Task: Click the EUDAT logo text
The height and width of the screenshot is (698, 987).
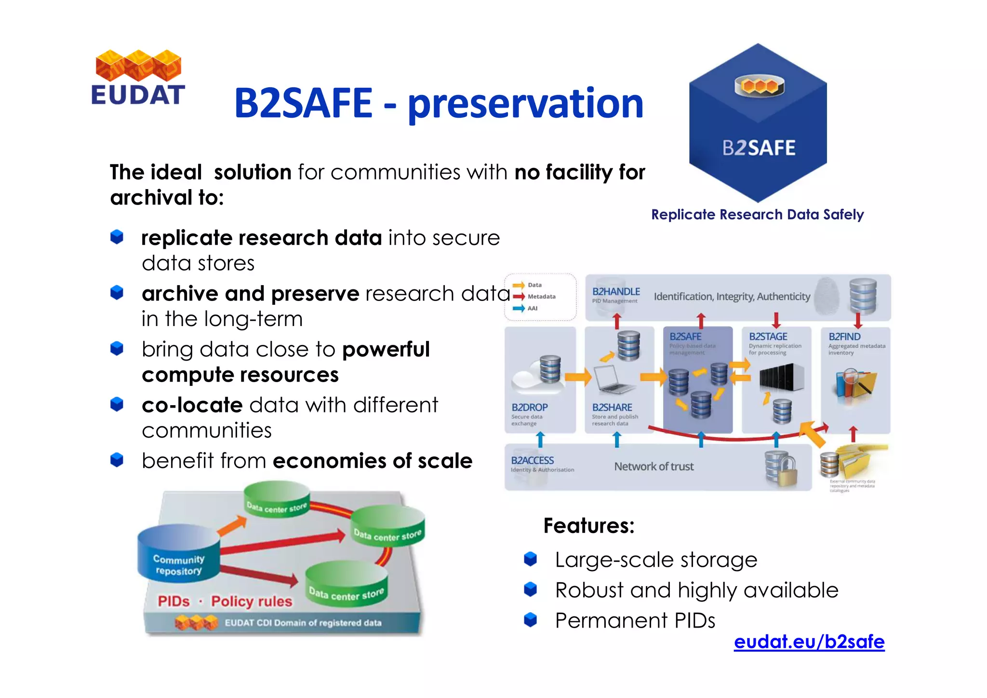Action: pos(138,95)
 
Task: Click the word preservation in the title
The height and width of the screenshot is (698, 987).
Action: pos(525,103)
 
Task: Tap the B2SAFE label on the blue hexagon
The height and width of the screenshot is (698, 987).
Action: pos(759,148)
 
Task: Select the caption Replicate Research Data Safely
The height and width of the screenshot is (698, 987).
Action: pos(757,215)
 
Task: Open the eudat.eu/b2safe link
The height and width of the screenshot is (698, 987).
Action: pos(809,642)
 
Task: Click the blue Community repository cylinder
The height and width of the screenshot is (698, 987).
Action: pos(178,555)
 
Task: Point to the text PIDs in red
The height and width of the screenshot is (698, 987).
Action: pos(173,602)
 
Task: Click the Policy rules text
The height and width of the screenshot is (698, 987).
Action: pos(252,602)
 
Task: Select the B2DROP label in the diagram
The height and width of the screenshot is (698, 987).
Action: pos(529,408)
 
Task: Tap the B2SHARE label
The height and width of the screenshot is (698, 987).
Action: pos(612,408)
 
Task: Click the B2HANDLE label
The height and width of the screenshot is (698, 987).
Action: pos(616,292)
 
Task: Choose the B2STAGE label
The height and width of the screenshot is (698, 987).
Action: pos(768,337)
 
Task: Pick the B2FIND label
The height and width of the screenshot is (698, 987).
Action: pos(844,337)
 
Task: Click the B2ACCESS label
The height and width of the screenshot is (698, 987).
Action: pos(532,461)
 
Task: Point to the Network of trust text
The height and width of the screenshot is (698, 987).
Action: pos(654,466)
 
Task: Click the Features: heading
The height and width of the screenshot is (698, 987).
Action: pos(588,526)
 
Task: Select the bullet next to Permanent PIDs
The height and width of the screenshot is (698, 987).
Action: pos(530,619)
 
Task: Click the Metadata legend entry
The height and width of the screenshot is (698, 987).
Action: pos(541,297)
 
